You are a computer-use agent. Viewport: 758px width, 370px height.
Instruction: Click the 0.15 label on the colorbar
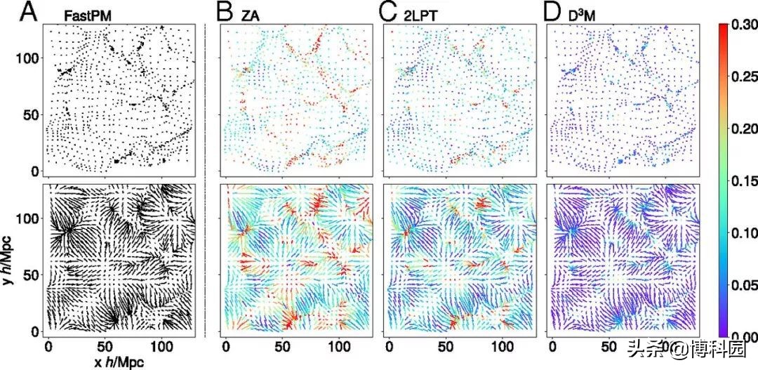pyautogui.click(x=743, y=182)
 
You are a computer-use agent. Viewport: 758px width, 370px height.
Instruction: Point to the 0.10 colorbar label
pyautogui.click(x=743, y=234)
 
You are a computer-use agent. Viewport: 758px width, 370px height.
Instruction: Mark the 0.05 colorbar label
pyautogui.click(x=743, y=286)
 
